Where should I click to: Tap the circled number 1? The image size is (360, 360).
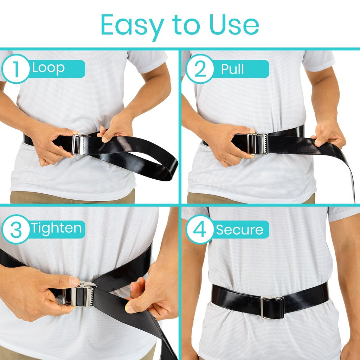pyautogui.click(x=16, y=69)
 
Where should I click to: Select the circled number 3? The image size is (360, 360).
pyautogui.click(x=16, y=229)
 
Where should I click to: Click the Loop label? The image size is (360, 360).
pyautogui.click(x=49, y=69)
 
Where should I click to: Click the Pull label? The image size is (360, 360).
pyautogui.click(x=232, y=69)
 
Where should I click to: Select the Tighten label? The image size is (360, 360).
pyautogui.click(x=56, y=229)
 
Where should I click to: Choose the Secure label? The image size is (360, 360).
pyautogui.click(x=239, y=230)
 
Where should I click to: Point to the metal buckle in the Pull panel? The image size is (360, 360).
pyautogui.click(x=258, y=144)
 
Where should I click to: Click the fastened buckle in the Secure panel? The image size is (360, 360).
pyautogui.click(x=272, y=307)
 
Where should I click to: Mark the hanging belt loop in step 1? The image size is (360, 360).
pyautogui.click(x=155, y=165)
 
